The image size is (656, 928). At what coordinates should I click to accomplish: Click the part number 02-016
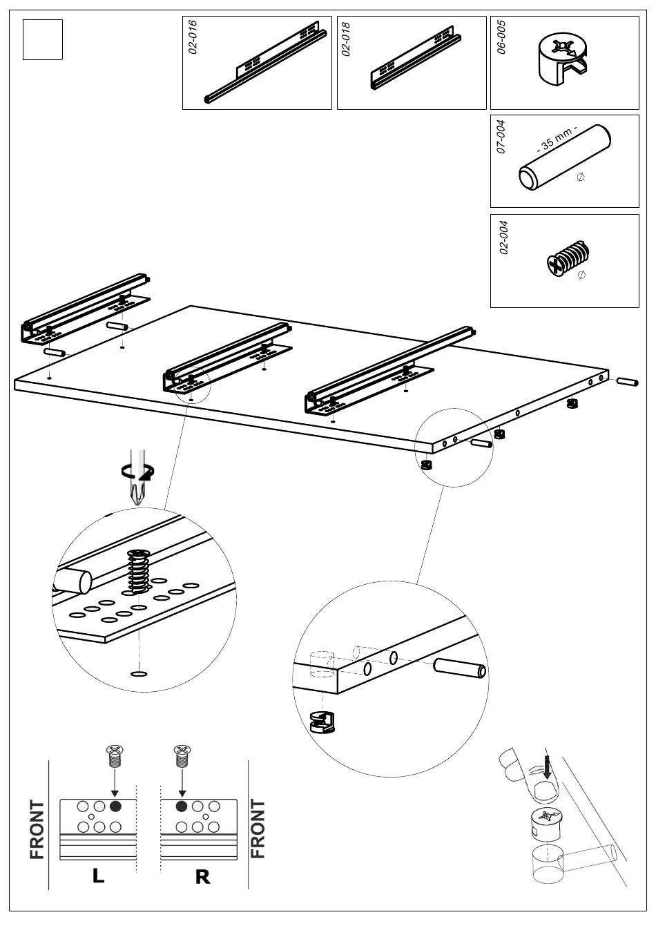click(193, 37)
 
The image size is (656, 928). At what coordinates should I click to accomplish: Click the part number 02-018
click(347, 39)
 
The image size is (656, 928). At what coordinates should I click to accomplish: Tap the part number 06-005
click(501, 37)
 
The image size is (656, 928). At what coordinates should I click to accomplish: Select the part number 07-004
click(501, 137)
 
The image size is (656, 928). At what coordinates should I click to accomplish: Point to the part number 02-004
click(503, 238)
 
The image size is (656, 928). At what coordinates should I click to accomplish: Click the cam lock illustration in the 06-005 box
click(562, 60)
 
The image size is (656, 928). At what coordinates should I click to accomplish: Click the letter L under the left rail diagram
click(99, 876)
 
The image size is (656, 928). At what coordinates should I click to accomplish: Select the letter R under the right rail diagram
click(202, 877)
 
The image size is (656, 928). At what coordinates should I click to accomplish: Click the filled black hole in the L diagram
click(115, 806)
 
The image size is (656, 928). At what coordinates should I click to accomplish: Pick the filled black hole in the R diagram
click(182, 806)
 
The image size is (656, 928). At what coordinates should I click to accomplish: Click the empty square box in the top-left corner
click(43, 39)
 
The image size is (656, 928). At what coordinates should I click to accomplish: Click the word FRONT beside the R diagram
click(258, 829)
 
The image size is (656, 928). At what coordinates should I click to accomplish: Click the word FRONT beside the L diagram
click(37, 829)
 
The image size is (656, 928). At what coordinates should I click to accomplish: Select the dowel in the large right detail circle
click(460, 670)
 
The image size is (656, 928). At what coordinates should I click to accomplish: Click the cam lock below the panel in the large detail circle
click(323, 722)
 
